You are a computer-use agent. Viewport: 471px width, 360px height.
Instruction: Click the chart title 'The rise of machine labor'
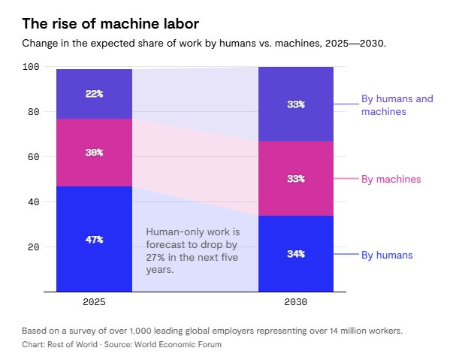point(110,24)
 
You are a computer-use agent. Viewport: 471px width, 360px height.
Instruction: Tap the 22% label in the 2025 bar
point(94,94)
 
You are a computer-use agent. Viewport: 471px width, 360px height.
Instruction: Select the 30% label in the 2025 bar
point(94,152)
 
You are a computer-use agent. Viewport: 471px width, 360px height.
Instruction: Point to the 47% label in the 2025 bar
point(94,240)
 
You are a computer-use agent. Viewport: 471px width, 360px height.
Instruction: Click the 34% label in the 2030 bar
point(296,254)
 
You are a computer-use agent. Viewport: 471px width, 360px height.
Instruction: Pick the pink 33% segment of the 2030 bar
point(296,179)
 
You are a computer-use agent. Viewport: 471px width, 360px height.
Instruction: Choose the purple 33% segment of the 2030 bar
point(296,104)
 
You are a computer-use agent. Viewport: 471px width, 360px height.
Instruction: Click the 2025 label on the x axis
point(94,302)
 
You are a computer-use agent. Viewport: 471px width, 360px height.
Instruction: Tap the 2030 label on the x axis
point(296,302)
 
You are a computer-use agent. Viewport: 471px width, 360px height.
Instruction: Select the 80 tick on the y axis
point(33,112)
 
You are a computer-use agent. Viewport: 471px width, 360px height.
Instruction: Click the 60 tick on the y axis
point(33,157)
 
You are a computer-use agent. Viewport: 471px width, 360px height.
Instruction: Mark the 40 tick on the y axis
point(33,202)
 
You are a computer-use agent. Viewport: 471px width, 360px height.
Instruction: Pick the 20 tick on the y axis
point(33,247)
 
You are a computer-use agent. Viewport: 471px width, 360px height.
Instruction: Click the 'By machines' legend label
point(391,179)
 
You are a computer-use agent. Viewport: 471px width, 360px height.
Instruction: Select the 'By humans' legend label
point(387,255)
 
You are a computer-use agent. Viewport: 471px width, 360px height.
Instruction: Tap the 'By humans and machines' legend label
point(397,105)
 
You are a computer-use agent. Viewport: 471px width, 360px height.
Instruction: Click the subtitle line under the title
point(204,44)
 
